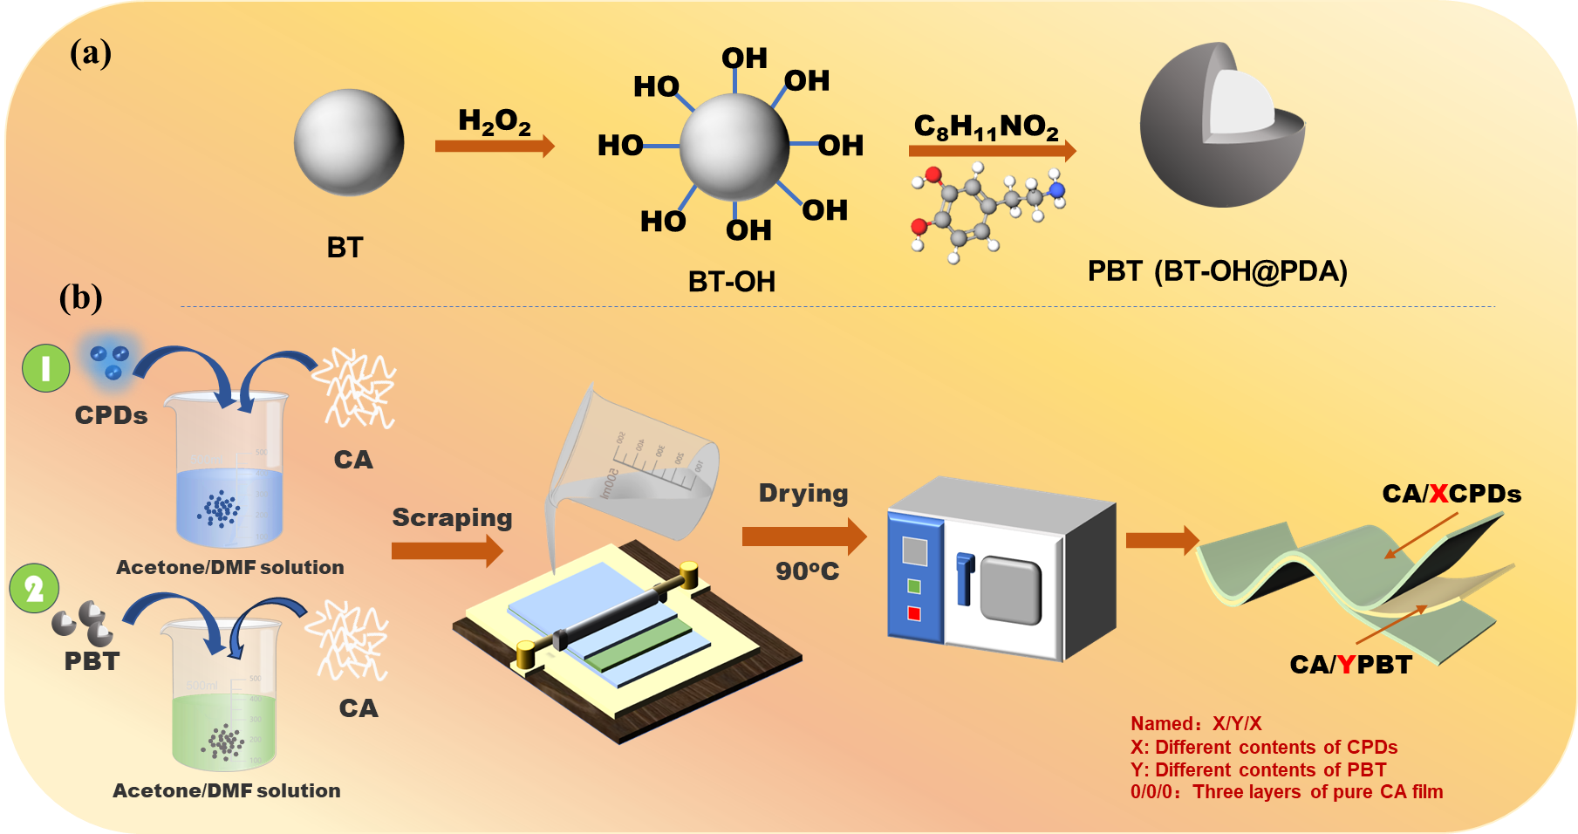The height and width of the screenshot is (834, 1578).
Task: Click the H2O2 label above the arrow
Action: tap(494, 121)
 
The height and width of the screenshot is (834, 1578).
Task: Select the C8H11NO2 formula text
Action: tap(986, 127)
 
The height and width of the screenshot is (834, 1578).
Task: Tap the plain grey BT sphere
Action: tap(349, 142)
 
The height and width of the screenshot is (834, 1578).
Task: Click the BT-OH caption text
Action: tap(731, 282)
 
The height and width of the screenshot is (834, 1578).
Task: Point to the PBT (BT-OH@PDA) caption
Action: tap(1217, 271)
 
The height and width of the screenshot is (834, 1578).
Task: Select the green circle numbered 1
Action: tap(45, 367)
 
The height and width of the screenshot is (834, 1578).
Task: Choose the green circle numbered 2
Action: tap(34, 589)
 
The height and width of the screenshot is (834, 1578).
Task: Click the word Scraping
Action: tap(452, 518)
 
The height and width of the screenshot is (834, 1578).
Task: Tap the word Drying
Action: tap(803, 494)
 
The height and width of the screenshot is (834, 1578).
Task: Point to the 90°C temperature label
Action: tap(807, 571)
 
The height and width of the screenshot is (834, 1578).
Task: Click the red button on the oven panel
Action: tap(914, 613)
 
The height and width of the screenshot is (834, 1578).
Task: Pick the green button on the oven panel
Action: tap(914, 586)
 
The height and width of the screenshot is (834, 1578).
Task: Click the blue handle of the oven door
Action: tap(964, 578)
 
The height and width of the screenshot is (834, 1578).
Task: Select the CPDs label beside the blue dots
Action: tap(111, 415)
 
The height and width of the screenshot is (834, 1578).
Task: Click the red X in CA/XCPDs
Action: tap(1438, 494)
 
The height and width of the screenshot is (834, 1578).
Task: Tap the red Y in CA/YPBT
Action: tap(1347, 665)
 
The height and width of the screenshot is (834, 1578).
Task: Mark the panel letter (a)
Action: tap(91, 53)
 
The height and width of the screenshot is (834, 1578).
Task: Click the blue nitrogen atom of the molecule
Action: tap(1056, 189)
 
